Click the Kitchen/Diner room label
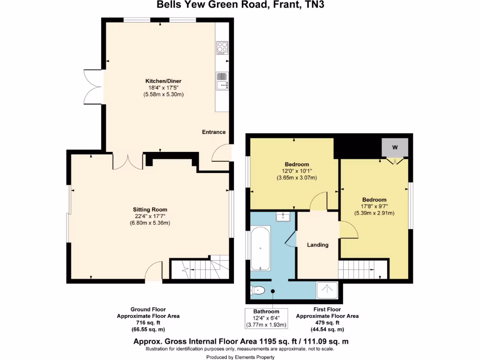pos(163,81)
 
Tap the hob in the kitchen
pos(222,48)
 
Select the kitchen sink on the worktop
pos(222,81)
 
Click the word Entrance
pos(214,132)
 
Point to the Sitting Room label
pos(150,210)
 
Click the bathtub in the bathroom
pos(260,248)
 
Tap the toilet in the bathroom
pos(258,291)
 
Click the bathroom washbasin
pos(283,216)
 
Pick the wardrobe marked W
pos(394,148)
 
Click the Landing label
pos(317,245)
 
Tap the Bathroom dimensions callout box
pos(266,318)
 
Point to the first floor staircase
pos(363,270)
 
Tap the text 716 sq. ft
pos(148,323)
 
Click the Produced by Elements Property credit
pos(240,357)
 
